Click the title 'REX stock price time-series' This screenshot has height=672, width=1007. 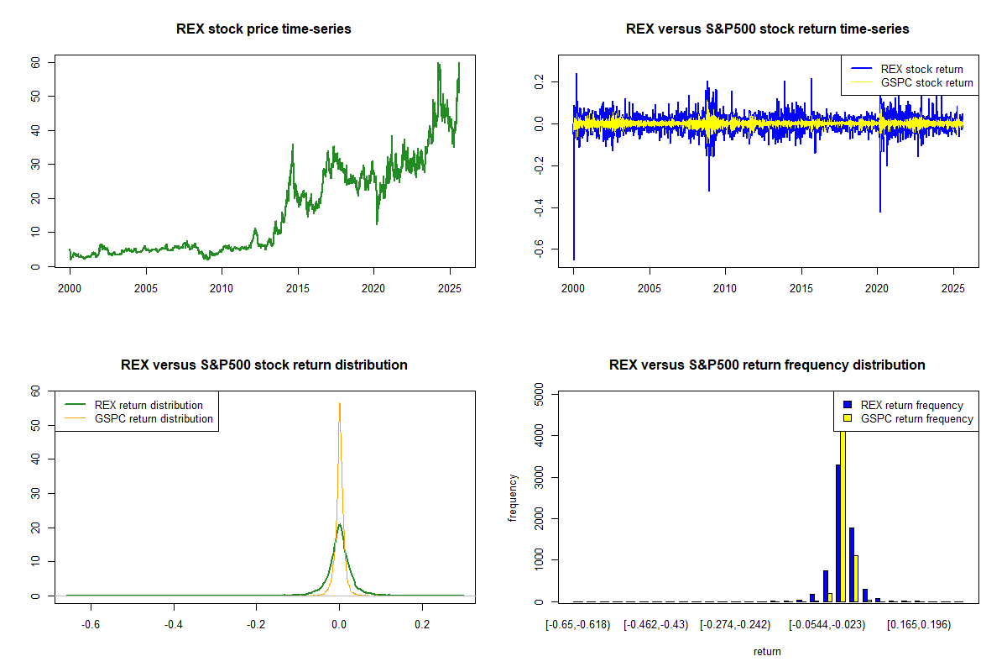tap(263, 29)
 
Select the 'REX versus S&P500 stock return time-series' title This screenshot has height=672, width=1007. tap(767, 29)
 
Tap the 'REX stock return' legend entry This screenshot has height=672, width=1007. tap(921, 69)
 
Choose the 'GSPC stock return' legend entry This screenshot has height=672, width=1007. tap(926, 82)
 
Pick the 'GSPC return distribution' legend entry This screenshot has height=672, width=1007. tap(154, 418)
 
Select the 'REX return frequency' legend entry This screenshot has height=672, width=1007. tap(911, 405)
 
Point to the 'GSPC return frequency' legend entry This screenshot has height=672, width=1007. tap(916, 418)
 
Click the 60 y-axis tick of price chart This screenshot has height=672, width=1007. tap(36, 62)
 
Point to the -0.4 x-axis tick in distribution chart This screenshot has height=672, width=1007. tap(174, 624)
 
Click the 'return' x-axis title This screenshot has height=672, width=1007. tap(767, 651)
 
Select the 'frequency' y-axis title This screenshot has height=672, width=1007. tap(513, 497)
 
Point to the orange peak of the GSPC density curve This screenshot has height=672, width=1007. tap(339, 404)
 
